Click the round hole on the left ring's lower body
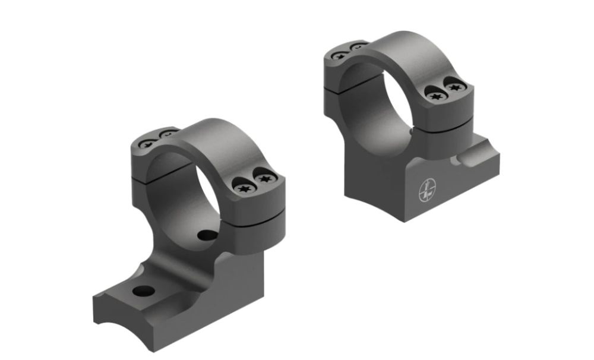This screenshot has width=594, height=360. [x=206, y=235]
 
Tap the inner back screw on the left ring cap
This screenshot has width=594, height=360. [x=168, y=135]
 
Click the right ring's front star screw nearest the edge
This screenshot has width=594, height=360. [x=456, y=87]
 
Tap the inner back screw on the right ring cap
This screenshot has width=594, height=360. [x=358, y=46]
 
